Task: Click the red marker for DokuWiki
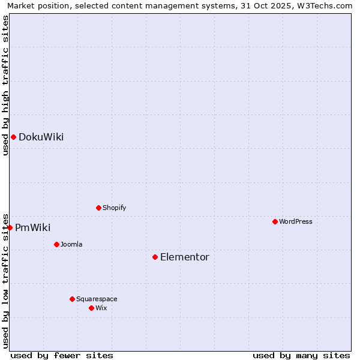13,137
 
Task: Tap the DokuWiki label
41,137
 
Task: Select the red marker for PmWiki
10,227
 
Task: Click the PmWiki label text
32,228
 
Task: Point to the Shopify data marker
98,208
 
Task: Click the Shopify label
114,208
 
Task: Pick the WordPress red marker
275,221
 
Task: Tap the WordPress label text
295,222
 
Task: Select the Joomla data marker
56,244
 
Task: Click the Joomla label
71,245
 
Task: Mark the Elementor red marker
155,257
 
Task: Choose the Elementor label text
184,257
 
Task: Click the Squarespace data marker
72,299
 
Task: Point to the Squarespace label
97,299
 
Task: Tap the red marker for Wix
91,308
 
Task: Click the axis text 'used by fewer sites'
62,355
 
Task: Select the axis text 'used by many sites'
301,355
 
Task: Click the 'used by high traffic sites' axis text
6,85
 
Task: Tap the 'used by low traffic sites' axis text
6,280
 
